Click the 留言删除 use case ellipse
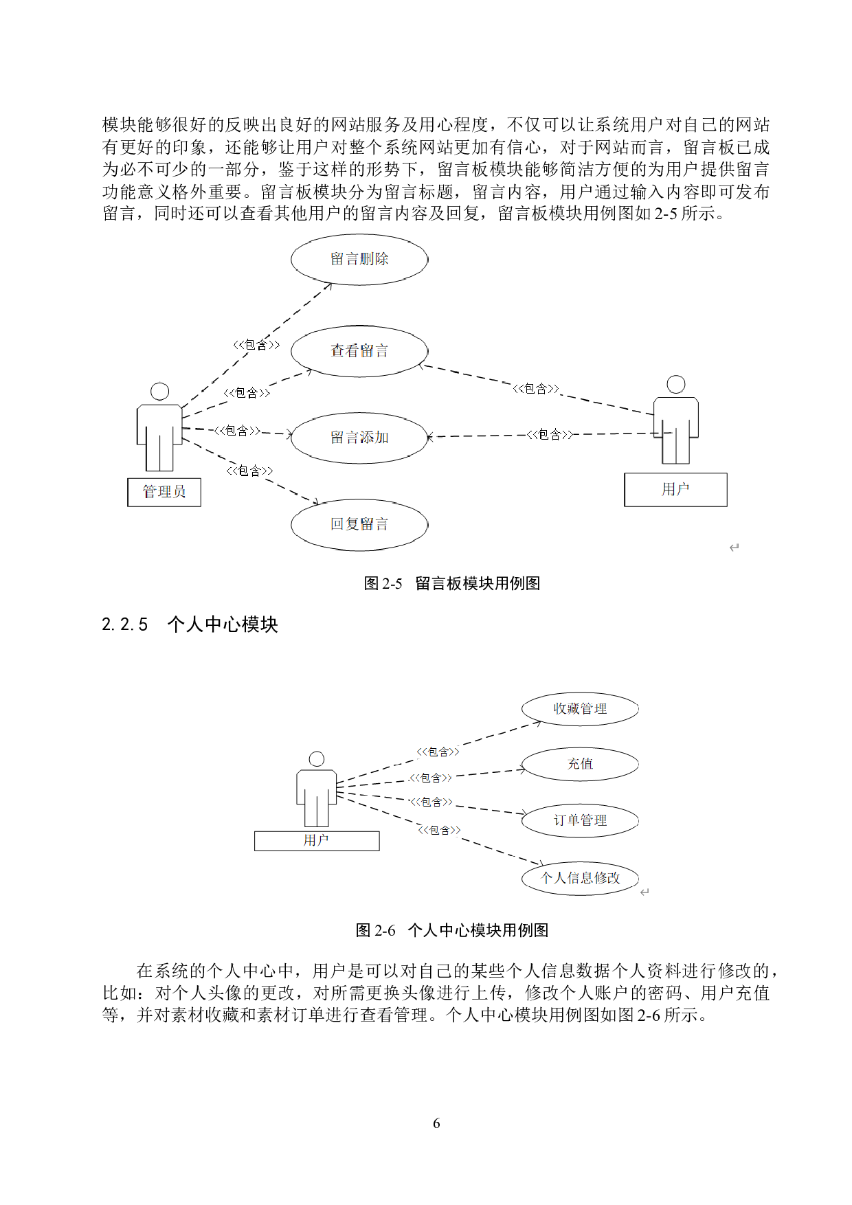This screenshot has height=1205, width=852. point(359,259)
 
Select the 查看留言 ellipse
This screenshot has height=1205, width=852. point(359,351)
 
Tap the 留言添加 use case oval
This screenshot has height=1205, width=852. point(359,438)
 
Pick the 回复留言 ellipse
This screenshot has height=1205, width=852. point(359,525)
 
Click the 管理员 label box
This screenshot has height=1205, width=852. point(164,492)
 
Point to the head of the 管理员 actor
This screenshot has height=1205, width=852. point(160,392)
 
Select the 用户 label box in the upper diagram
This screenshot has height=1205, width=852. point(675,489)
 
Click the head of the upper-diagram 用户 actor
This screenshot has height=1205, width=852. point(676,384)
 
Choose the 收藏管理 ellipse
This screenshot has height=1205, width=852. point(580,709)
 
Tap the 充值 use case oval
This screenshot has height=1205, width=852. point(580,764)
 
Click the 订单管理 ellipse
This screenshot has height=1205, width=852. point(580,820)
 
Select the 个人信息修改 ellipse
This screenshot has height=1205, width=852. point(580,878)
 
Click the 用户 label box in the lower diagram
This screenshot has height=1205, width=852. point(317,840)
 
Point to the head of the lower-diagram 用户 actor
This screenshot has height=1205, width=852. point(317,758)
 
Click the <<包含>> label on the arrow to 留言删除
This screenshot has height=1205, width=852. point(256,344)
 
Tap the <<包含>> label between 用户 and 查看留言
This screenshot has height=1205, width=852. point(536,389)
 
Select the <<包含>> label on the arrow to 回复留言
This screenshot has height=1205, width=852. point(249,471)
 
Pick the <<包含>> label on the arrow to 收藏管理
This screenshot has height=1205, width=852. point(438,752)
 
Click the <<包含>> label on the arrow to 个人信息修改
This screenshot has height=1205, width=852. point(440,830)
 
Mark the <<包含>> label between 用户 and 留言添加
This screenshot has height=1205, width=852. point(550,434)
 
